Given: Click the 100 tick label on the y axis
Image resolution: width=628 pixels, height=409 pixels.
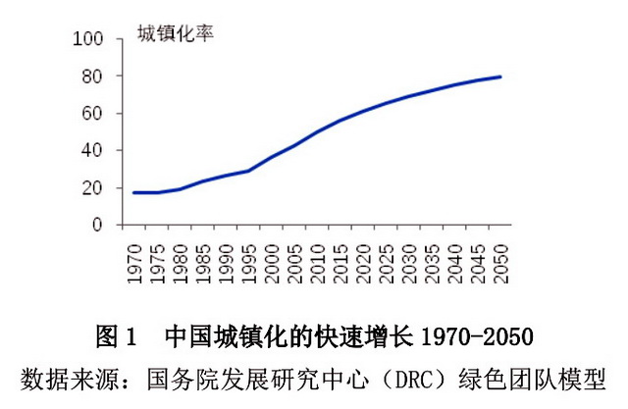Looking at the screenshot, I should coord(88,39).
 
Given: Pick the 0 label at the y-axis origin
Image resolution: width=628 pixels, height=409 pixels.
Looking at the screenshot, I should coord(97,226).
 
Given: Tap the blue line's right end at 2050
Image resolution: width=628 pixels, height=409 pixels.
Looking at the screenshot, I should coord(502,77).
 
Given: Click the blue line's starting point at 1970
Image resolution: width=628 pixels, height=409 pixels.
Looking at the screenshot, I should coord(134,192).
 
